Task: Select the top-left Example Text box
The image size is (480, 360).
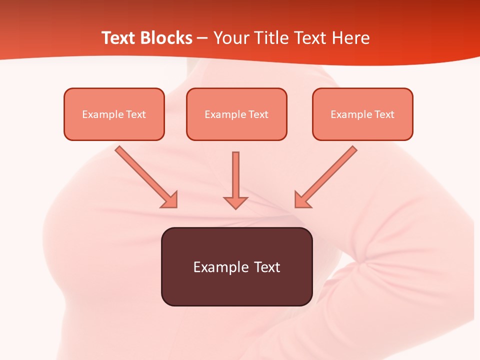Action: pyautogui.click(x=114, y=114)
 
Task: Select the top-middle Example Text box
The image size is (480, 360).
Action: pyautogui.click(x=236, y=114)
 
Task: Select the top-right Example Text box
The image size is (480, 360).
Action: pyautogui.click(x=362, y=114)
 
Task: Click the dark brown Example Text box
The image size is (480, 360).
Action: pyautogui.click(x=237, y=266)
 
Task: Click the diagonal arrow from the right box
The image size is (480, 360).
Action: pyautogui.click(x=330, y=173)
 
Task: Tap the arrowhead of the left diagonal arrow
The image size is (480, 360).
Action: pyautogui.click(x=169, y=199)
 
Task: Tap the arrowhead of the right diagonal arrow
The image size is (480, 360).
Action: pyautogui.click(x=303, y=199)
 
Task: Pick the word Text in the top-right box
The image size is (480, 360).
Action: pyautogui.click(x=384, y=114)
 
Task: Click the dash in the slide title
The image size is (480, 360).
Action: pyautogui.click(x=202, y=38)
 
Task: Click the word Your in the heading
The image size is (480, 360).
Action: pyautogui.click(x=230, y=38)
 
